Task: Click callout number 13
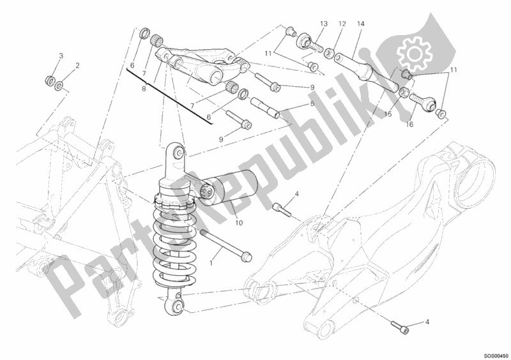click(324, 24)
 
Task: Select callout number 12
click(342, 24)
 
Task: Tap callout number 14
click(360, 24)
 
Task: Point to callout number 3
click(61, 56)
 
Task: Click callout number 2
click(77, 66)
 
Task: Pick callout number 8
click(144, 88)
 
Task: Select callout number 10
click(239, 223)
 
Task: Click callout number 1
click(211, 263)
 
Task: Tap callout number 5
click(312, 103)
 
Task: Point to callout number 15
click(388, 114)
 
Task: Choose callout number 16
click(409, 124)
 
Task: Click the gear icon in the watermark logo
click(414, 54)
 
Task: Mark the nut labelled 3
click(50, 80)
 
